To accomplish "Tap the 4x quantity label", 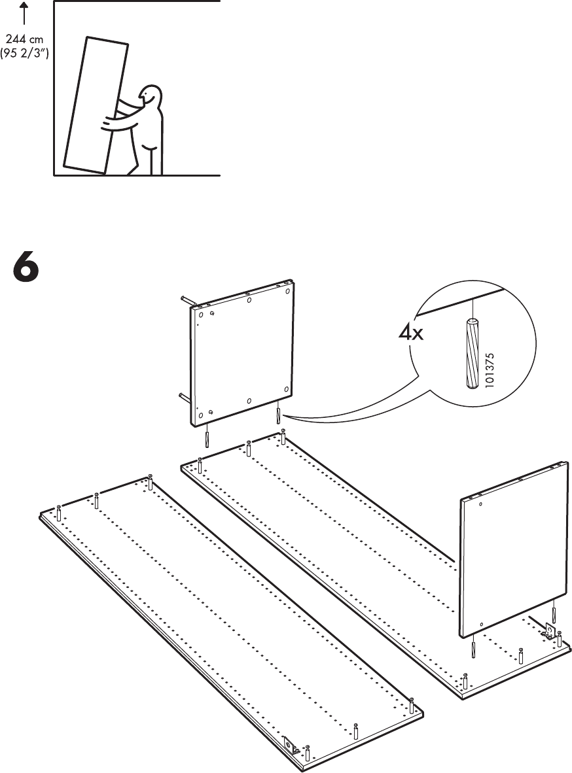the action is tap(412, 334).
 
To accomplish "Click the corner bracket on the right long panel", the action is tap(550, 631).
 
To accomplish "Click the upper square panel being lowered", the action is tap(242, 353).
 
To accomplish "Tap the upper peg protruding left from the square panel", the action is tap(185, 300).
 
